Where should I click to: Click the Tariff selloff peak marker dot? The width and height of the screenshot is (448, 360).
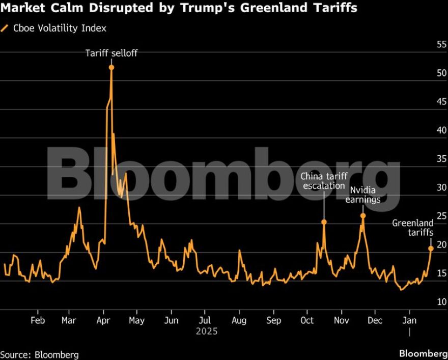tap(111, 67)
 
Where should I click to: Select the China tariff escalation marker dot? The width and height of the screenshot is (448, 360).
tap(324, 222)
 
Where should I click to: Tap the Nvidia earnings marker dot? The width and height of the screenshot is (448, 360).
tap(363, 216)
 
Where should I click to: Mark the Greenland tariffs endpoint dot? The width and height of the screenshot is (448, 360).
tap(431, 248)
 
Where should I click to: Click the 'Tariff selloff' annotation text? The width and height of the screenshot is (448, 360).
tap(111, 53)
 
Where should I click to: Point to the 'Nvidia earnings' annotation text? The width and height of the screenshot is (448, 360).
tap(363, 195)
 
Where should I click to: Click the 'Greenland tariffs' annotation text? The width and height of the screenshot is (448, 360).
tap(413, 228)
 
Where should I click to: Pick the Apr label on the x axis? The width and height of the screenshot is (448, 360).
tap(103, 320)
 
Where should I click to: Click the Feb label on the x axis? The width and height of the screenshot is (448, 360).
tap(38, 320)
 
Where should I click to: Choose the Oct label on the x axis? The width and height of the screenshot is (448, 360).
tap(307, 320)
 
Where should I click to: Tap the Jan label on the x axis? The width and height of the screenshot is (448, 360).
tap(409, 320)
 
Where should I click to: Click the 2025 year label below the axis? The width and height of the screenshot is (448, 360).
tap(206, 331)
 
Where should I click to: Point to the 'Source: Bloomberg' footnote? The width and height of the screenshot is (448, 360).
tap(40, 354)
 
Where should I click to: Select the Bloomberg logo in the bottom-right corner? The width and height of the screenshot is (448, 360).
tap(423, 354)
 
